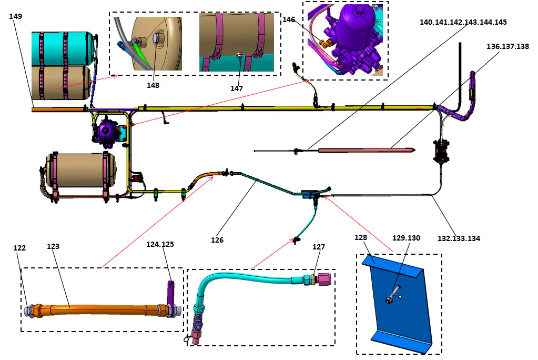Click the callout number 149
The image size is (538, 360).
click(15, 16)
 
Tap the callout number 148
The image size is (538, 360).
click(153, 85)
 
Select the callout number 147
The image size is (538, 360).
click(237, 88)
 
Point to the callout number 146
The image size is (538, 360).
click(289, 19)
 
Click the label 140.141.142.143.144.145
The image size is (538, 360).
click(463, 22)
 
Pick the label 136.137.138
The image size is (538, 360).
click(507, 46)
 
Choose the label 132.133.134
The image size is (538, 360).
click(459, 238)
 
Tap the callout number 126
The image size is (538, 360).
click(217, 240)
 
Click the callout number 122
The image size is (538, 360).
click(19, 248)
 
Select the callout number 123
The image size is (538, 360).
click(53, 246)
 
